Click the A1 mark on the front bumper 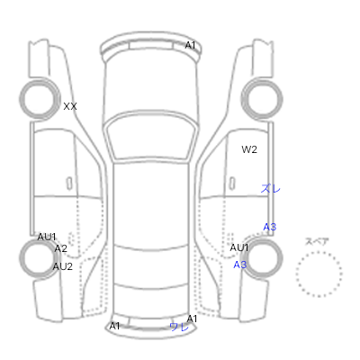click(190, 45)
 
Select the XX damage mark click(70, 106)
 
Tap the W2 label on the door click(249, 149)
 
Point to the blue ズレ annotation click(270, 188)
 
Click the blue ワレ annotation click(179, 327)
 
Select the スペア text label click(317, 241)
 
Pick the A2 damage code click(60, 248)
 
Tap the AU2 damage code click(63, 266)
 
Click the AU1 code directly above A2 click(47, 237)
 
